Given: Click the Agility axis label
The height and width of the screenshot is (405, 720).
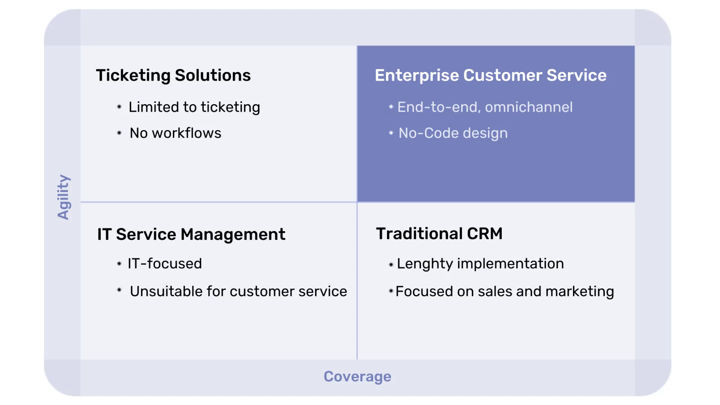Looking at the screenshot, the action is [63, 197].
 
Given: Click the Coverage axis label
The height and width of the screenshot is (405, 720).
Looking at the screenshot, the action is [357, 376].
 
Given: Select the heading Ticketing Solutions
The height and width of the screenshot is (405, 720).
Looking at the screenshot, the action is [173, 75].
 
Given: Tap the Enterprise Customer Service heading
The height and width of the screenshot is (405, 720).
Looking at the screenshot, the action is [490, 75].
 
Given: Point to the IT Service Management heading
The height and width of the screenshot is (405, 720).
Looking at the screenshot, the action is [191, 234].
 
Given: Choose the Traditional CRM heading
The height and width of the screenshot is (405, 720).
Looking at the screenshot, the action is [439, 234].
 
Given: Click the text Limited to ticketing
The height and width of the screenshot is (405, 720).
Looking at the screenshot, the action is [194, 107].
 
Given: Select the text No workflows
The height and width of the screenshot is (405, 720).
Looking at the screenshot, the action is [175, 133].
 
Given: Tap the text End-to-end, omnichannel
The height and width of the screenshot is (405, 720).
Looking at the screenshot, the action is [485, 107].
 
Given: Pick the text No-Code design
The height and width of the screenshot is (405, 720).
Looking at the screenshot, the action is [453, 133].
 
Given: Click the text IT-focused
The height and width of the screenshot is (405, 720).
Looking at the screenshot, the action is [165, 264].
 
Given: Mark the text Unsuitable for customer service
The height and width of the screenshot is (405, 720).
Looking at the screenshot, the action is [238, 291].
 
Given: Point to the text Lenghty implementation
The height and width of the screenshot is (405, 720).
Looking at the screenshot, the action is [480, 264].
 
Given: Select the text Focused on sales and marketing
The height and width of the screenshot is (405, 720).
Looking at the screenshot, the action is [505, 292].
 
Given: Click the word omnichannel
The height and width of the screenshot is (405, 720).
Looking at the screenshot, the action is [529, 107].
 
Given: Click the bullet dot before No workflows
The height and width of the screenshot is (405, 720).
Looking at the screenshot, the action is [119, 133].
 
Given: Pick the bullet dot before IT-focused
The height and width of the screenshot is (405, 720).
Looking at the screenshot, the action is [119, 264].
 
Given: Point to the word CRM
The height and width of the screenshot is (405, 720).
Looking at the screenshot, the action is [484, 234].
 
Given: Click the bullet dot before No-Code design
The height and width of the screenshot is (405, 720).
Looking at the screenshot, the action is [391, 133].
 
